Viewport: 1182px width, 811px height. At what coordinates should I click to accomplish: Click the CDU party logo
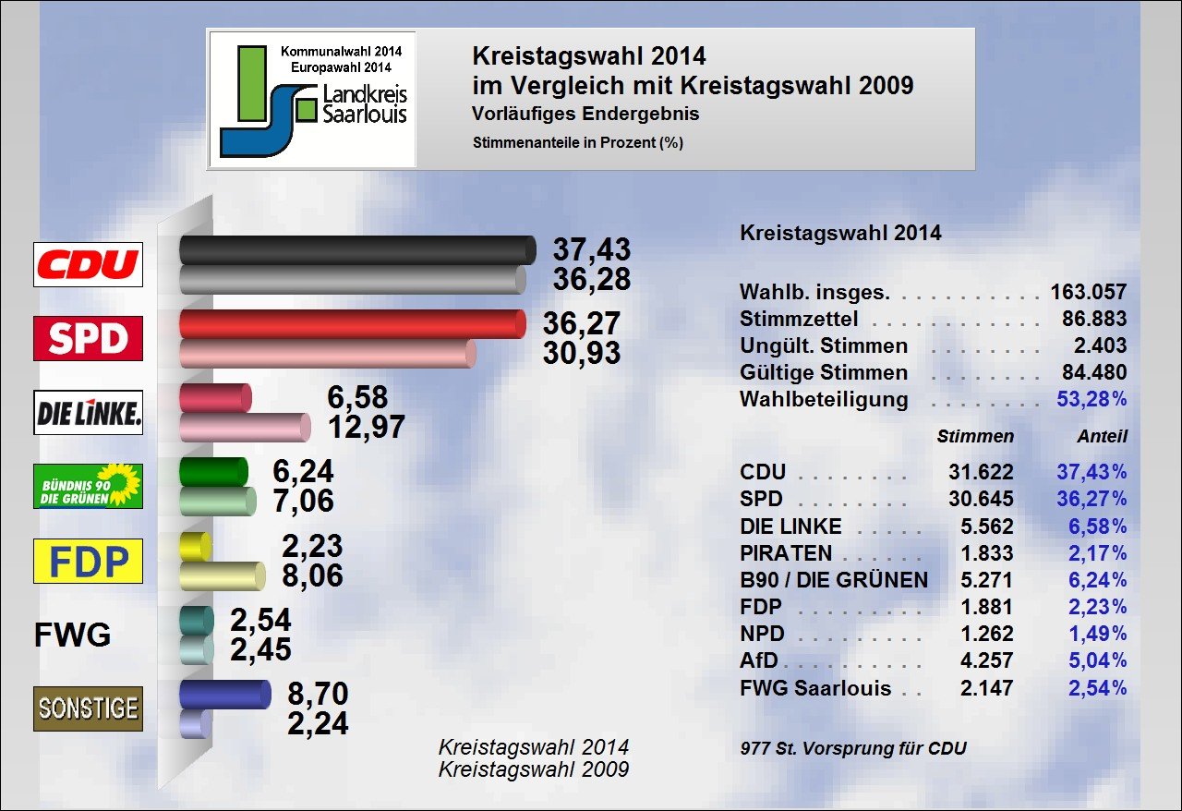88,264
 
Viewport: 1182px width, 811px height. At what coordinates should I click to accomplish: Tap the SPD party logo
88,338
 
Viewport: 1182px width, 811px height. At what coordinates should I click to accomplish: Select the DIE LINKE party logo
88,413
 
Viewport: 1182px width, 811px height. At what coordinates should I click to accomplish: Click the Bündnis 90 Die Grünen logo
88,486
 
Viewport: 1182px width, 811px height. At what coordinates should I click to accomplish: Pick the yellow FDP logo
88,561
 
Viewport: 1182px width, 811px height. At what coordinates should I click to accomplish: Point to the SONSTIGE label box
88,708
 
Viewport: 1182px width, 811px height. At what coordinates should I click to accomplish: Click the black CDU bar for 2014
356,249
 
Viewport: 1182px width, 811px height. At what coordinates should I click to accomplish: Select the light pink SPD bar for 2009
327,353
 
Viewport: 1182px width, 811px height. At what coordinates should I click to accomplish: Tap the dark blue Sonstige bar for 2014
224,694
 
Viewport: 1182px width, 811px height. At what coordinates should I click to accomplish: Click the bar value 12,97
367,427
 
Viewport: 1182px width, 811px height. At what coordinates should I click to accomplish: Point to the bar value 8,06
311,575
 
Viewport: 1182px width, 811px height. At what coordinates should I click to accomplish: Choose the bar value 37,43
591,248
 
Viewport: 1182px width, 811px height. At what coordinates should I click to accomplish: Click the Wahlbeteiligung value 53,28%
1091,400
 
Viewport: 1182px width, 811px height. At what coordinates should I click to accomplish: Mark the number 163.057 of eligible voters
1088,293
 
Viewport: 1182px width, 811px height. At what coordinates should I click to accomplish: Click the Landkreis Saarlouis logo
312,99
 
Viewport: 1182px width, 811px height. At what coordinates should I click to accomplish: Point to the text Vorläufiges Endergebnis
585,115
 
